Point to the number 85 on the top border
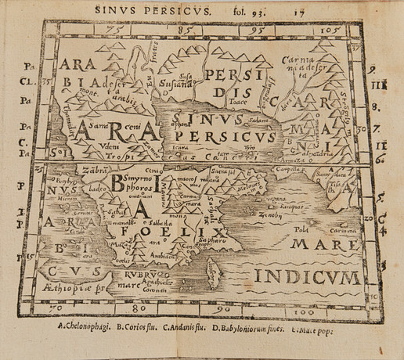tap(186, 30)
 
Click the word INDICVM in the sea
tap(308, 276)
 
